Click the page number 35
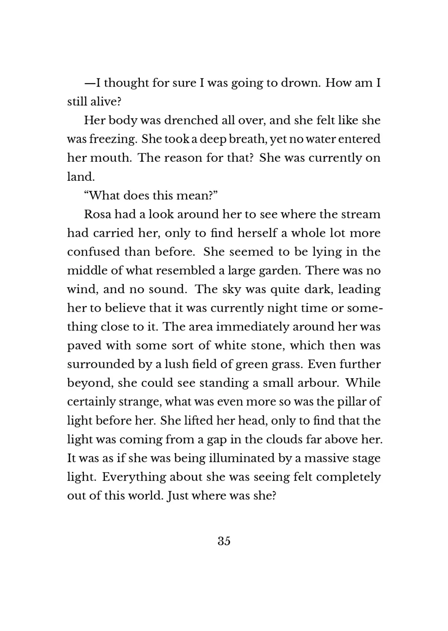coord(224,541)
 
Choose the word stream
coord(360,214)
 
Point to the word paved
coord(84,345)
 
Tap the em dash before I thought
coord(90,83)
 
